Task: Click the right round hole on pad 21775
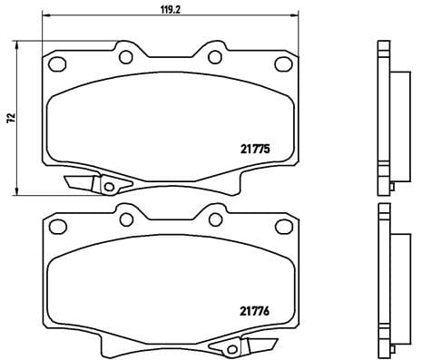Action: [x=214, y=56]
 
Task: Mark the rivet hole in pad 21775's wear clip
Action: [x=109, y=188]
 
